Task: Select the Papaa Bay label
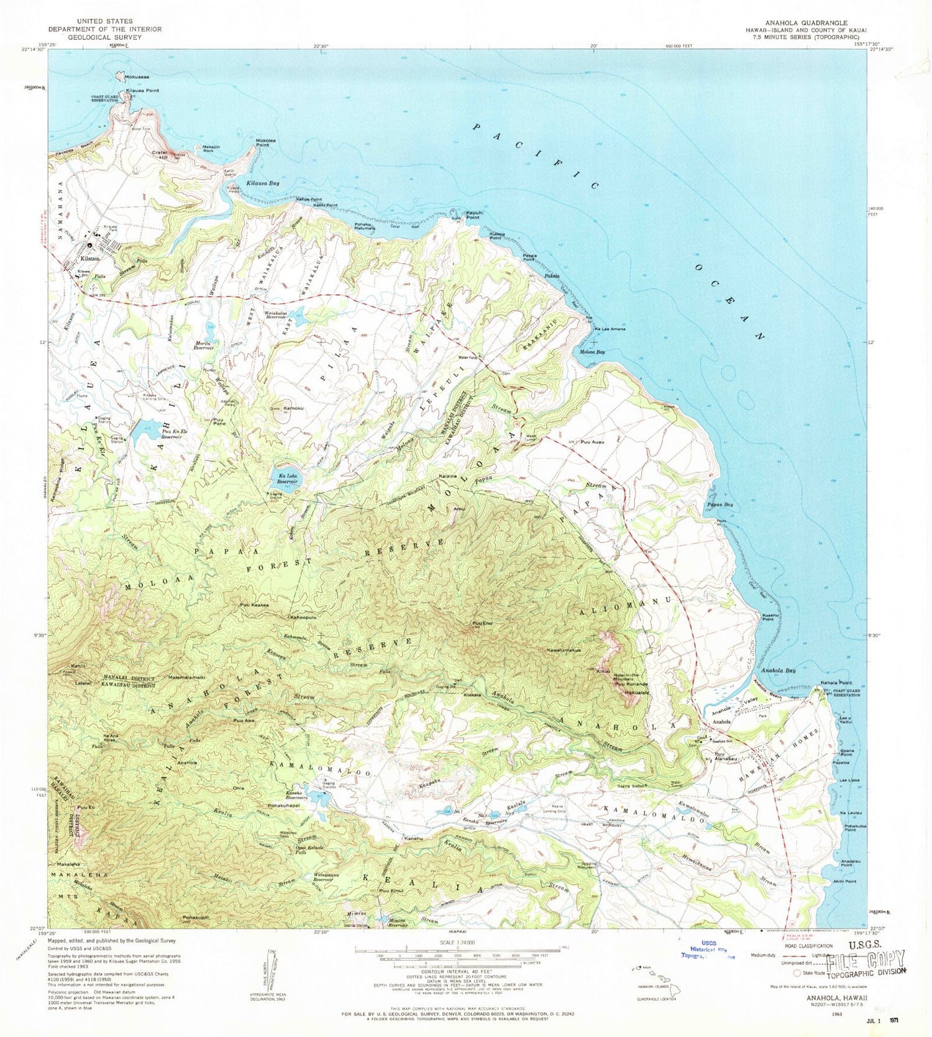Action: (720, 505)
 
